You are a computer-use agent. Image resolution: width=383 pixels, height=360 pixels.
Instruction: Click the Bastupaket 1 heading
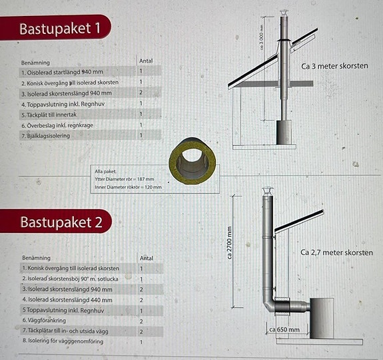(60, 29)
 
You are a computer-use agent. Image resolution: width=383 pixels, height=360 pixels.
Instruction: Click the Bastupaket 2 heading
(61, 222)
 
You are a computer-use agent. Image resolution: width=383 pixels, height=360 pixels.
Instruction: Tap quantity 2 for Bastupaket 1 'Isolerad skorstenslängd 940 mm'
(141, 92)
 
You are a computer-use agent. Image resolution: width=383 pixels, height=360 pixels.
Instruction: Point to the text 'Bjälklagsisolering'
(46, 136)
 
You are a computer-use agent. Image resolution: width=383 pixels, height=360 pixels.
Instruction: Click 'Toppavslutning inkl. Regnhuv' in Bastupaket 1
(63, 104)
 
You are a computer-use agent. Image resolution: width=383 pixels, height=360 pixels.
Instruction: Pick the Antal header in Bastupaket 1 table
(146, 61)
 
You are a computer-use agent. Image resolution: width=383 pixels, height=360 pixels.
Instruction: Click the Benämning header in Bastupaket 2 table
(37, 258)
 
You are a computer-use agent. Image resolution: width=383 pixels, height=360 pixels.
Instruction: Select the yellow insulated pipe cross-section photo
(192, 161)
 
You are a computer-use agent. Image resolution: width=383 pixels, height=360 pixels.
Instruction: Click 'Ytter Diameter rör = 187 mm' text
(125, 179)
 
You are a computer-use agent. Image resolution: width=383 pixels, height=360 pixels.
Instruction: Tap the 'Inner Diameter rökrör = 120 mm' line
(129, 187)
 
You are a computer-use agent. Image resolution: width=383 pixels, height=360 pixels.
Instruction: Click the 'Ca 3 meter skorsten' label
(334, 66)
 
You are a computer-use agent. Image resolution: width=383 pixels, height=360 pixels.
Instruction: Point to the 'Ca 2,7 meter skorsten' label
(336, 252)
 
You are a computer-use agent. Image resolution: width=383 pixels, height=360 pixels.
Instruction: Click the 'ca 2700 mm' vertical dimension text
(229, 243)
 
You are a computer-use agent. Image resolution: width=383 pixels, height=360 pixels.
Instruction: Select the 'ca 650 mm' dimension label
(284, 330)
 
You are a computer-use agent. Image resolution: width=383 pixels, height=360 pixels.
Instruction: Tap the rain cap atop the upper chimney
(284, 14)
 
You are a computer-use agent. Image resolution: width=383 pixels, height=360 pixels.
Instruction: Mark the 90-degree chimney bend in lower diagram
(270, 305)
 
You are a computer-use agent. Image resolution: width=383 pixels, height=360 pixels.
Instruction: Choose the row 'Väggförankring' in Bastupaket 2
(44, 321)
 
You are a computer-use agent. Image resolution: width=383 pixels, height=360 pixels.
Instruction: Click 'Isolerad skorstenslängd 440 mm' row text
(67, 299)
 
